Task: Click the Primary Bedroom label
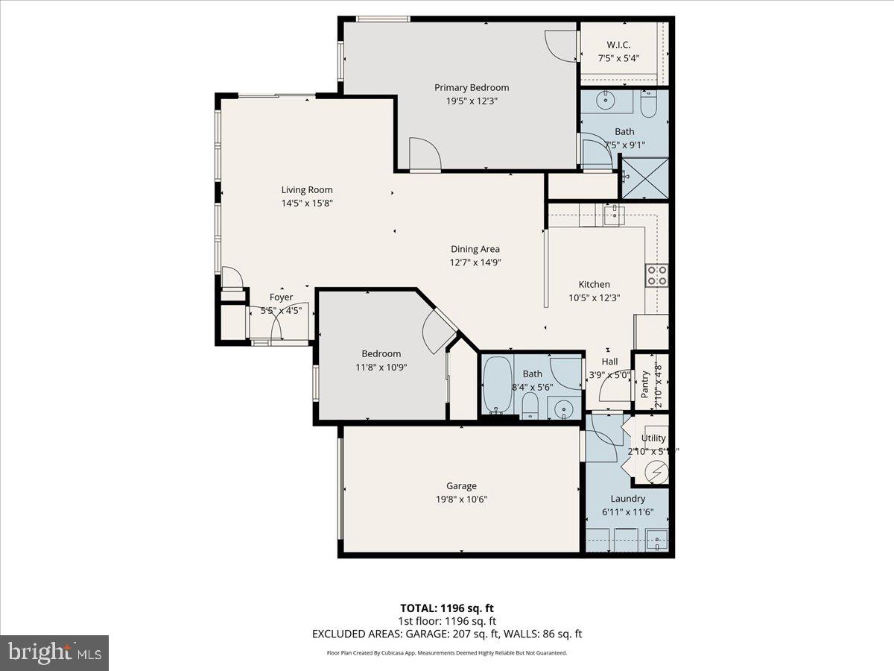[472, 87]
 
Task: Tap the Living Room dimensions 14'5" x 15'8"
[306, 202]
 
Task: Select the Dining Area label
[475, 249]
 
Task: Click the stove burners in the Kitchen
[656, 276]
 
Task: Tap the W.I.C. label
[619, 45]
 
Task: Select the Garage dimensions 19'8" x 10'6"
[461, 499]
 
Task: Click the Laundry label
[627, 499]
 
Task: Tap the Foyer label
[281, 297]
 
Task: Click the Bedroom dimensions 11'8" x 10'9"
[381, 366]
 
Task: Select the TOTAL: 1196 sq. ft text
[446, 608]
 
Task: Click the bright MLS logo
[54, 652]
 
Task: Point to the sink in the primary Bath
[606, 98]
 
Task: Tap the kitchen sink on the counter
[612, 216]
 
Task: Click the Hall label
[609, 362]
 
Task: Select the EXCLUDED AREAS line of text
[446, 634]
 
